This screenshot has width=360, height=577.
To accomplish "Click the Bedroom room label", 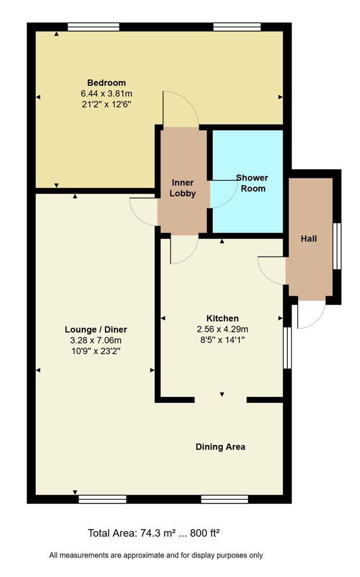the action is pyautogui.click(x=106, y=83).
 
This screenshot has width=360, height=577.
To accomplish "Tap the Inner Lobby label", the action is pyautogui.click(x=183, y=188).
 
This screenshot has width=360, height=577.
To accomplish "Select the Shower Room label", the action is pyautogui.click(x=252, y=183).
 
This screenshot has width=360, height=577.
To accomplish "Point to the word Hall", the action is pyautogui.click(x=309, y=239).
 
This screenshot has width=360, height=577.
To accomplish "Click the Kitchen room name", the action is pyautogui.click(x=223, y=318).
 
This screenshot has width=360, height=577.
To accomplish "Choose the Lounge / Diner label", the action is pyautogui.click(x=96, y=330).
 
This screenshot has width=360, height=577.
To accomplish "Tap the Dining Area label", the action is pyautogui.click(x=220, y=447).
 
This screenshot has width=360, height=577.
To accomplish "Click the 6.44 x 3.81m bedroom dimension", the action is pyautogui.click(x=107, y=94).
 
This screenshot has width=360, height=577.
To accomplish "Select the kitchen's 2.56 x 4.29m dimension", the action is pyautogui.click(x=223, y=329).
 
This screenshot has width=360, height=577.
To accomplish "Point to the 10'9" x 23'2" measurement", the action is pyautogui.click(x=96, y=352).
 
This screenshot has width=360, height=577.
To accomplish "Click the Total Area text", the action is pyautogui.click(x=154, y=533).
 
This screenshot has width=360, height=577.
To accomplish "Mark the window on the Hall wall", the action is pyautogui.click(x=337, y=246).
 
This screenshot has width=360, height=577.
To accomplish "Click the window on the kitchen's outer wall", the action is pyautogui.click(x=287, y=348).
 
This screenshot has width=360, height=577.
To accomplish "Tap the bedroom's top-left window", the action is pyautogui.click(x=93, y=27).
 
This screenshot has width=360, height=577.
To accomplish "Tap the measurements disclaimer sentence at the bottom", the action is pyautogui.click(x=156, y=555).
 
